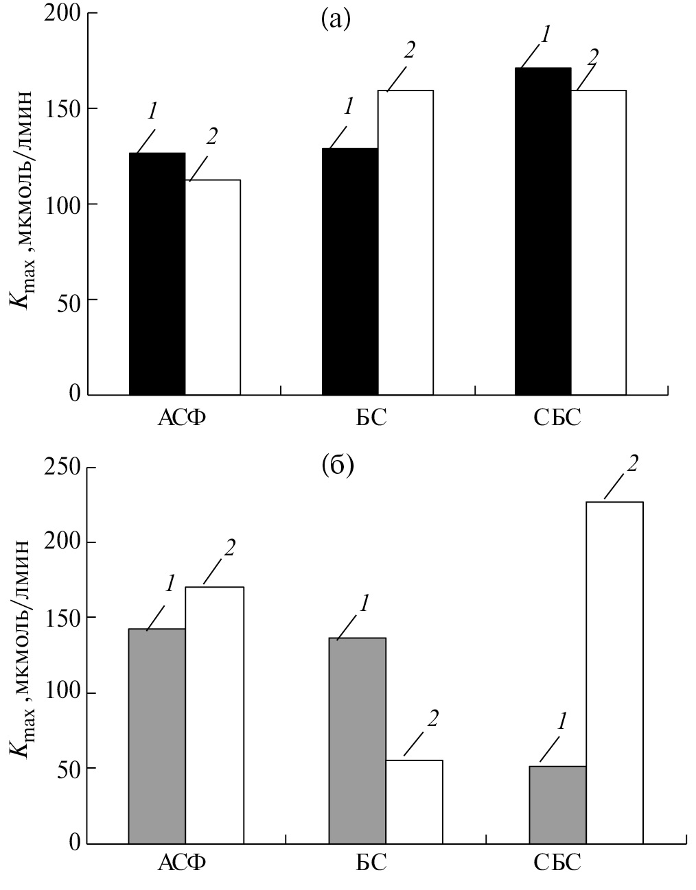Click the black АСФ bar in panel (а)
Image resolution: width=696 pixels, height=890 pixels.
click(x=157, y=274)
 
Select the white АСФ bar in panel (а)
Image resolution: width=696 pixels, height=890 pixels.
click(x=213, y=287)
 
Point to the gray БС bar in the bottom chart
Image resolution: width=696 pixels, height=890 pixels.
click(x=358, y=741)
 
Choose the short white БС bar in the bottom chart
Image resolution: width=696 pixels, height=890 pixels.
click(x=414, y=802)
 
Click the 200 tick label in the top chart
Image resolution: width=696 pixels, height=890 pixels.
click(x=62, y=13)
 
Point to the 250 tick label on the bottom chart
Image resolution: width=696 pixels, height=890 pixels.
click(x=62, y=468)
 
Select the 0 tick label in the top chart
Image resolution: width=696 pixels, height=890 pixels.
click(x=73, y=394)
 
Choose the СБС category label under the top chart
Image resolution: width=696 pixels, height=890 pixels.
click(x=557, y=417)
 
